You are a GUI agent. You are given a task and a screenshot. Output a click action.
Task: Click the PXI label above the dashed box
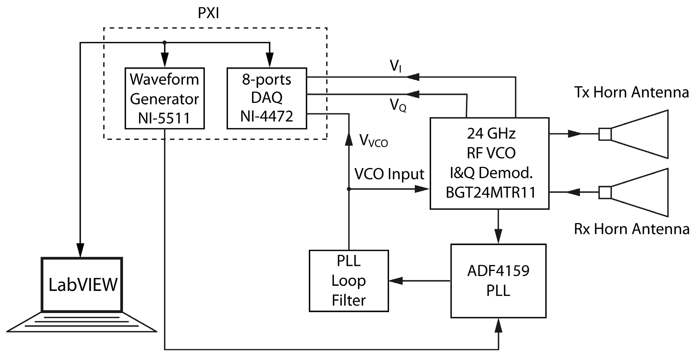pyautogui.click(x=208, y=13)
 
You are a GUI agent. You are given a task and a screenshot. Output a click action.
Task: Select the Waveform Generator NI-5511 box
pyautogui.click(x=165, y=98)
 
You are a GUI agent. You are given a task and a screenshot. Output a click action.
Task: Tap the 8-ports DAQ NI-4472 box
pyautogui.click(x=267, y=98)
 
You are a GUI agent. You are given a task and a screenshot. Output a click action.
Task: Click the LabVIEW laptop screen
pyautogui.click(x=83, y=285)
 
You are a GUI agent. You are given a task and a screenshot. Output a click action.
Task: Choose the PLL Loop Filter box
pyautogui.click(x=349, y=281)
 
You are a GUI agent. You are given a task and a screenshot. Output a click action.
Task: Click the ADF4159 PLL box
pyautogui.click(x=498, y=281)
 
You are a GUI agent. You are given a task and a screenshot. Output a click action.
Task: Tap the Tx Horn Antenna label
pyautogui.click(x=631, y=92)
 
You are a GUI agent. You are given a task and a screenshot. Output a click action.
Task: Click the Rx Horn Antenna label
pyautogui.click(x=631, y=229)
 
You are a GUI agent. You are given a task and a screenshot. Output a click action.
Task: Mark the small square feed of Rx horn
pyautogui.click(x=605, y=192)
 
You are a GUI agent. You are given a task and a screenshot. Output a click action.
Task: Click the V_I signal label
pyautogui.click(x=395, y=67)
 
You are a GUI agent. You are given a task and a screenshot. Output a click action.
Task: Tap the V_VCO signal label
pyautogui.click(x=373, y=141)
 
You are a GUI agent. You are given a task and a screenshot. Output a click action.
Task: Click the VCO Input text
pyautogui.click(x=389, y=174)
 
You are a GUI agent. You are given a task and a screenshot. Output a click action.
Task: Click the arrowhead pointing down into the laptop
pyautogui.click(x=80, y=250)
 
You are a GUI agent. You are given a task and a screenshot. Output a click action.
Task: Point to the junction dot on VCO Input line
pyautogui.click(x=349, y=189)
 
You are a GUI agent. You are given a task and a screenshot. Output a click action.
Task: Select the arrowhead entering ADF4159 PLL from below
pyautogui.click(x=498, y=326)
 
